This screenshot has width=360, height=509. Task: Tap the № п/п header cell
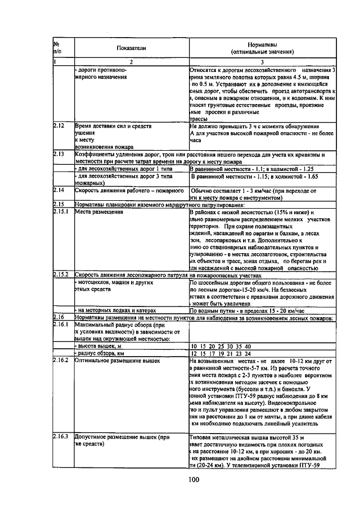coord(57,48)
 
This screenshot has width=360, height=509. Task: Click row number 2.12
coord(60,127)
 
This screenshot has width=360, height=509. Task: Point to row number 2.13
coord(60,154)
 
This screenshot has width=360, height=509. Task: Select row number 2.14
coord(60,190)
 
